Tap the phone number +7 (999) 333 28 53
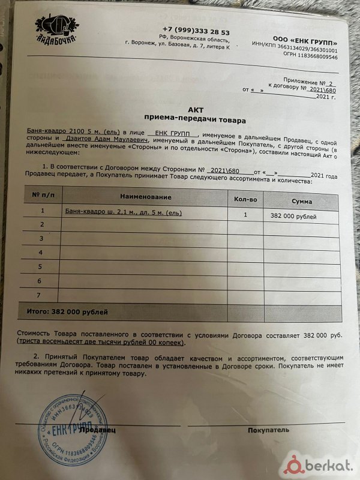(x=196, y=31)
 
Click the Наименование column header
(x=146, y=197)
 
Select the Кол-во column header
(x=245, y=198)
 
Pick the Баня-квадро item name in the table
(x=123, y=212)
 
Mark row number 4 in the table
(x=41, y=253)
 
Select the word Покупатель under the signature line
(x=268, y=430)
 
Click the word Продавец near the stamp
(x=97, y=430)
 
